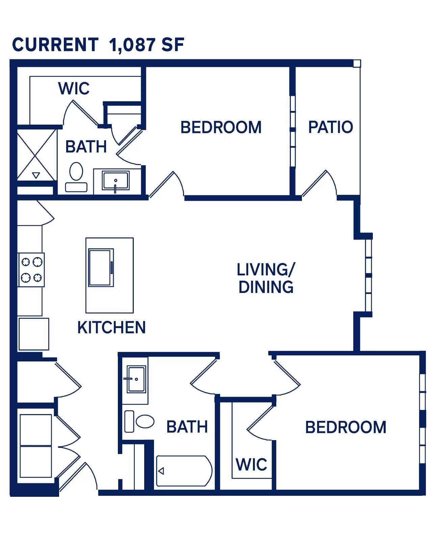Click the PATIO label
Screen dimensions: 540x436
click(330, 127)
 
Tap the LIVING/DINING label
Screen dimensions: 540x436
click(266, 278)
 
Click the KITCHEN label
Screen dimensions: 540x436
click(111, 327)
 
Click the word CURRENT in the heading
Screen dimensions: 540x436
click(55, 45)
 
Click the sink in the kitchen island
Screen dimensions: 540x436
click(101, 267)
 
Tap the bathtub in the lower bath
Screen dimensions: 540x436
click(184, 471)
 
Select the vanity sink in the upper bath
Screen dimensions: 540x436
click(116, 181)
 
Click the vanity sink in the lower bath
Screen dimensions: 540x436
click(136, 379)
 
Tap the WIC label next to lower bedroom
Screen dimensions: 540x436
click(251, 465)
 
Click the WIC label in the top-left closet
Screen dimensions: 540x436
click(74, 88)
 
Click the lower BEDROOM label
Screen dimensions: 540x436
click(345, 427)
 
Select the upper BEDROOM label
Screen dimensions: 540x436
click(221, 127)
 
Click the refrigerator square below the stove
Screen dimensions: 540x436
click(34, 334)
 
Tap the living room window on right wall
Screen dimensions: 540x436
click(369, 275)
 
